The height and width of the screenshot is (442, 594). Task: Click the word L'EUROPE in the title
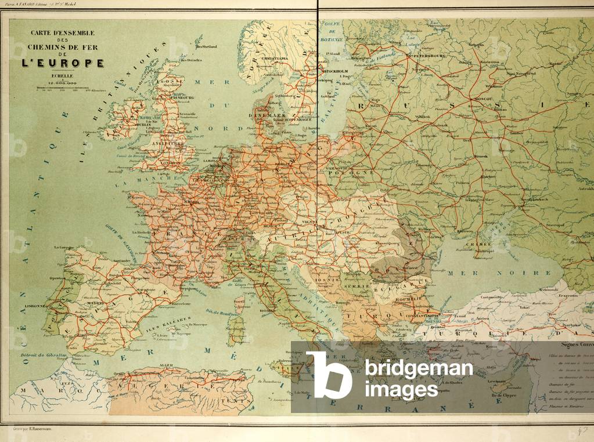(63, 63)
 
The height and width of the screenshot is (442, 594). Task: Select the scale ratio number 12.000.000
(63, 82)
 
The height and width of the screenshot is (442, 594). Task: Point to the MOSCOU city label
(489, 99)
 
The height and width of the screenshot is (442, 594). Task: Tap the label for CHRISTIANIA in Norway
(275, 59)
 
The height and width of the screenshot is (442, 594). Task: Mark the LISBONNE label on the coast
(34, 305)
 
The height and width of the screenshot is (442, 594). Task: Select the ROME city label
(266, 310)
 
